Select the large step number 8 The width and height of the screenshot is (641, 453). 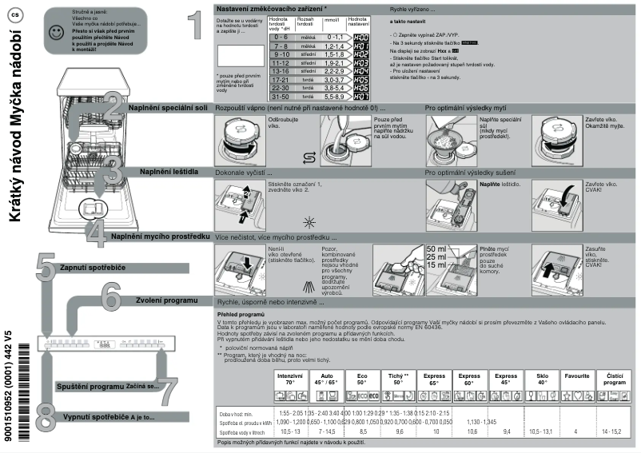46,416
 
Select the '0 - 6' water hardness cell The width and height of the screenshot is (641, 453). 280,37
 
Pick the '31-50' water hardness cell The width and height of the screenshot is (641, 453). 280,95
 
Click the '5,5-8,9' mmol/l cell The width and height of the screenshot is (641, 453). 333,95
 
